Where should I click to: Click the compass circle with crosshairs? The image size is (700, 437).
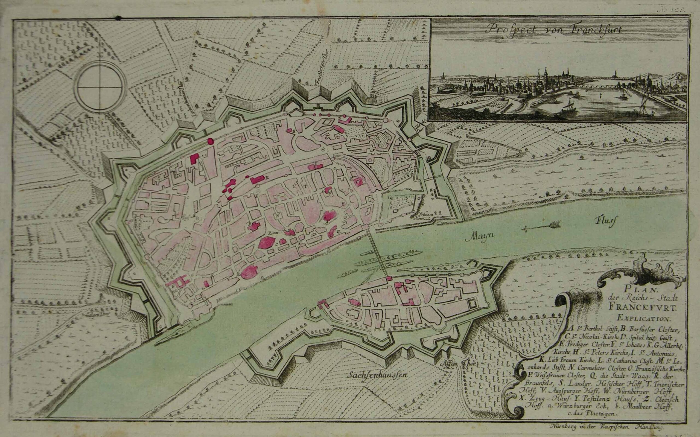pos(100,87)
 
